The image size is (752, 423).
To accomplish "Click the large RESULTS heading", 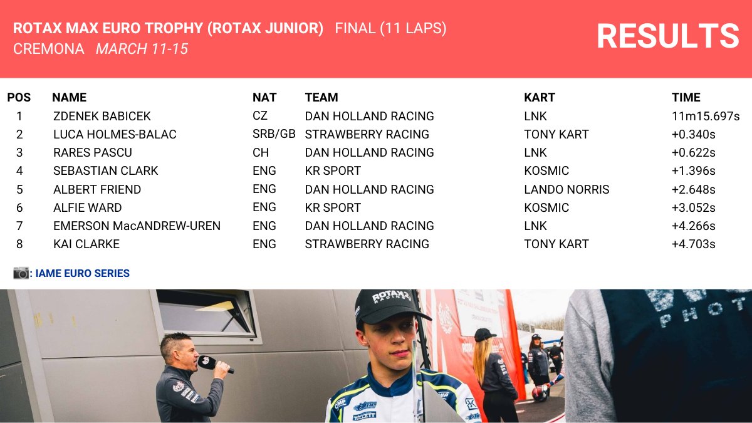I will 667,36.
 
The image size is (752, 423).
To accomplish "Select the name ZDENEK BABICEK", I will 102,116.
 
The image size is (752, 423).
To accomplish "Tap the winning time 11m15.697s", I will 706,116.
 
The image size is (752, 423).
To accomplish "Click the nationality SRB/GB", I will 274,134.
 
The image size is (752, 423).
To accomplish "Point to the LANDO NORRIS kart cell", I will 567,189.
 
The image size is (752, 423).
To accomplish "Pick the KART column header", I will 540,97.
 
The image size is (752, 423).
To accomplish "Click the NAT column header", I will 264,97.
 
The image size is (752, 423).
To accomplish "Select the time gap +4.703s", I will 693,244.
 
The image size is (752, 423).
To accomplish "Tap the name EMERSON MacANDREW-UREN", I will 137,226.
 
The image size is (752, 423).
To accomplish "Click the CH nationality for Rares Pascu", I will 260,152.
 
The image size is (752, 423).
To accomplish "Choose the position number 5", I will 19,189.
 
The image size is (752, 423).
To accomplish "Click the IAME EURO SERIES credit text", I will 82,273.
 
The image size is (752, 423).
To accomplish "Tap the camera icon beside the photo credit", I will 21,273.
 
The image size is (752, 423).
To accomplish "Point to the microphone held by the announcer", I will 213,363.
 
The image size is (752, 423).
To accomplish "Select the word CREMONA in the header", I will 48,49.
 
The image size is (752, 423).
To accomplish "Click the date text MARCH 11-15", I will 142,49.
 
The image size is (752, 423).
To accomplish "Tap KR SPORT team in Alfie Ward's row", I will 333,207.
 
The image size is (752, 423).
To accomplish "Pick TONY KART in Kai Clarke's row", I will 556,244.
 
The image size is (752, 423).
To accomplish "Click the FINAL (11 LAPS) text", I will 390,28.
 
